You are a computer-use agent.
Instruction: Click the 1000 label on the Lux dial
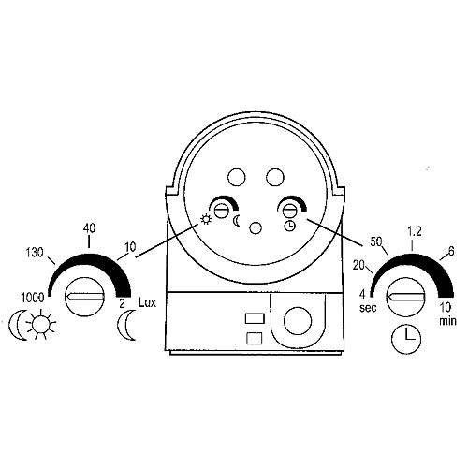click(x=33, y=298)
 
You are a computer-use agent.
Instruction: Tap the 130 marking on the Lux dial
click(x=35, y=253)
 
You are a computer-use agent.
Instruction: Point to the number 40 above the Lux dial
click(x=89, y=228)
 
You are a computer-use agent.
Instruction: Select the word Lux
click(x=147, y=302)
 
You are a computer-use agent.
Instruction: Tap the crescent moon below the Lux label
click(x=126, y=325)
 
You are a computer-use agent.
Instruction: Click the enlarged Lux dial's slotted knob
click(x=84, y=297)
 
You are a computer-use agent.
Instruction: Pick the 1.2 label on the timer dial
click(x=415, y=231)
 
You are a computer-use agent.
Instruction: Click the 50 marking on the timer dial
click(x=376, y=241)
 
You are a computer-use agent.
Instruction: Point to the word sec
click(x=368, y=308)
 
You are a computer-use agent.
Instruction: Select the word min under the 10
click(x=447, y=321)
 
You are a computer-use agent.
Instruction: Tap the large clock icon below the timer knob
click(x=406, y=339)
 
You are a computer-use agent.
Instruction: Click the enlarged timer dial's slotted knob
click(x=406, y=297)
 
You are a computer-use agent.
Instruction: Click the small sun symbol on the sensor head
click(x=206, y=220)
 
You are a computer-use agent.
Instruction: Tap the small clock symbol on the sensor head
click(x=290, y=226)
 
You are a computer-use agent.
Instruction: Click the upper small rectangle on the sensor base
click(x=255, y=318)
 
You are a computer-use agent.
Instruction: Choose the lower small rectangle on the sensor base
click(x=255, y=339)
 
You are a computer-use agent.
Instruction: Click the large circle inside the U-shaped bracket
click(x=298, y=320)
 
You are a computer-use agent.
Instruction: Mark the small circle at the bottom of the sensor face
click(x=256, y=228)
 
